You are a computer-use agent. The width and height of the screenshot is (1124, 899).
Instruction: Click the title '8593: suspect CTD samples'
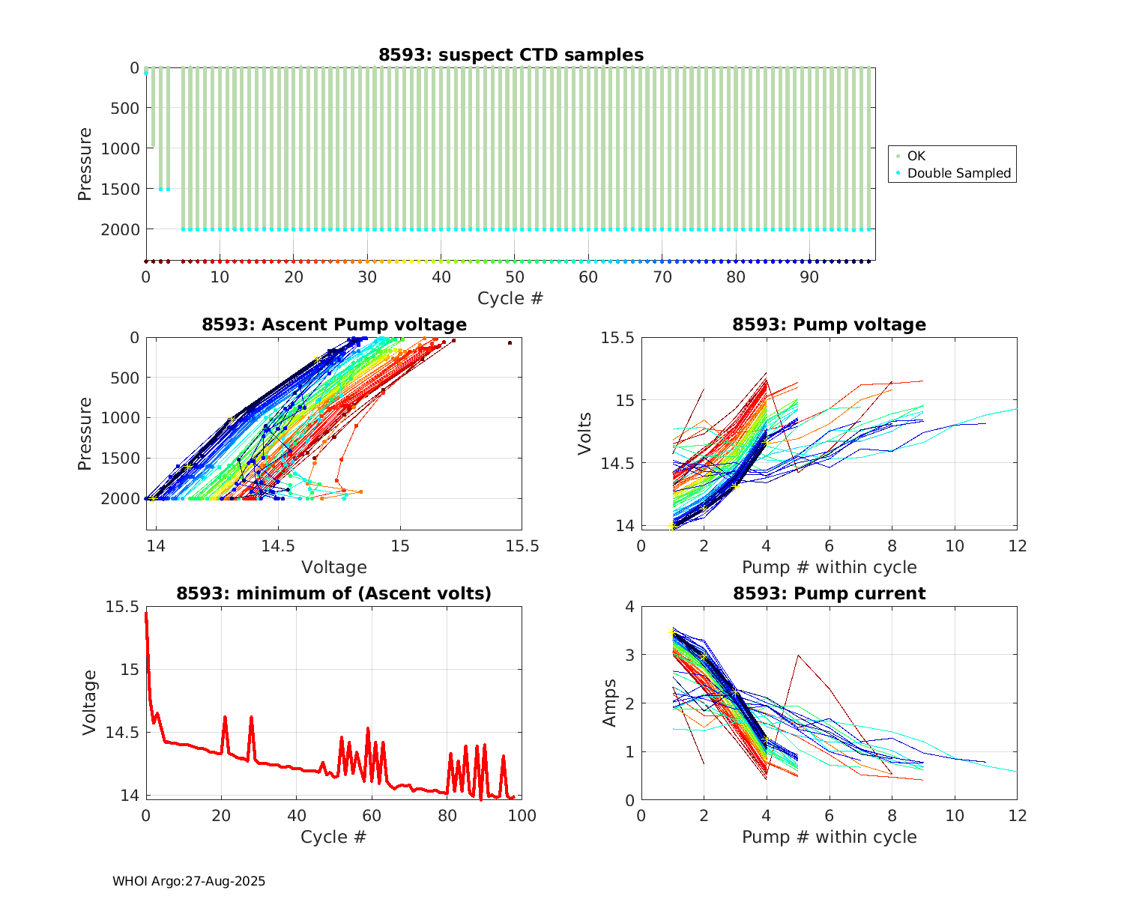pos(510,55)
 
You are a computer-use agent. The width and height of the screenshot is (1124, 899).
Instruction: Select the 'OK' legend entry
pos(916,156)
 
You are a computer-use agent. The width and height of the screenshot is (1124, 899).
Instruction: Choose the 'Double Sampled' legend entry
pos(958,173)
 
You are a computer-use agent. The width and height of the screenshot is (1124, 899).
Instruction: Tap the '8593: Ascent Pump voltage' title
pos(333,324)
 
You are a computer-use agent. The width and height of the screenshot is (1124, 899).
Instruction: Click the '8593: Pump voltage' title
pos(829,324)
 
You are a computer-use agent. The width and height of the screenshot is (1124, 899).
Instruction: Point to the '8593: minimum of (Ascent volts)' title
pos(333,593)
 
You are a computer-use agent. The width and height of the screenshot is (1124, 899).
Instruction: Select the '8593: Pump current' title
pos(829,593)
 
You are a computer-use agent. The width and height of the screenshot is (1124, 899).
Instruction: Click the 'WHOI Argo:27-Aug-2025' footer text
pos(189,881)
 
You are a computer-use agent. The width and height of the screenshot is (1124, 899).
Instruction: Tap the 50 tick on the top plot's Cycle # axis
pos(514,277)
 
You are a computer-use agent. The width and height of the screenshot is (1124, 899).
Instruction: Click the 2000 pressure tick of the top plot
pos(120,229)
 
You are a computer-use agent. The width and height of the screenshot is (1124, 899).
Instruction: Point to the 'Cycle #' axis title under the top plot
pos(510,298)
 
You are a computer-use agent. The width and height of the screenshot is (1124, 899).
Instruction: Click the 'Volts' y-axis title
pos(585,433)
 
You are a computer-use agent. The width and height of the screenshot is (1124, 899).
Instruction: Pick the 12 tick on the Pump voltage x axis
pos(1017,546)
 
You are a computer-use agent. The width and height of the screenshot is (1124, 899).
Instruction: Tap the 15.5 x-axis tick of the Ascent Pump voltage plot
pos(522,546)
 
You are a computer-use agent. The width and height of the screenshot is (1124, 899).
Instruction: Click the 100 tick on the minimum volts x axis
pos(522,815)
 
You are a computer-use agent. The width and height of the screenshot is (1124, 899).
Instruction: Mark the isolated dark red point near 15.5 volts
pos(510,342)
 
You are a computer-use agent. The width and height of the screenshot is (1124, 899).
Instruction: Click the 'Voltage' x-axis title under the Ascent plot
pos(333,567)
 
